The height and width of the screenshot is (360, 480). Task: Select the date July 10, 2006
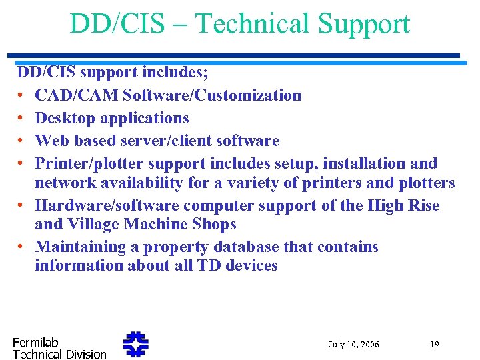(353, 345)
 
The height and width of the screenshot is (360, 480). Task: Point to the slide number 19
(434, 345)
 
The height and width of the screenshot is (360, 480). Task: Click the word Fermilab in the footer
(35, 342)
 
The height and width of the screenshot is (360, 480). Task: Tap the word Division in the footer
(86, 355)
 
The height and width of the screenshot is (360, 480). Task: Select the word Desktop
(63, 118)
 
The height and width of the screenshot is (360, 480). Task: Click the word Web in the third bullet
(49, 141)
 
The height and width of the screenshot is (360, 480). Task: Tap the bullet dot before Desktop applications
(21, 119)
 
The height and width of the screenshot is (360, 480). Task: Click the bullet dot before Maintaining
(21, 247)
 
